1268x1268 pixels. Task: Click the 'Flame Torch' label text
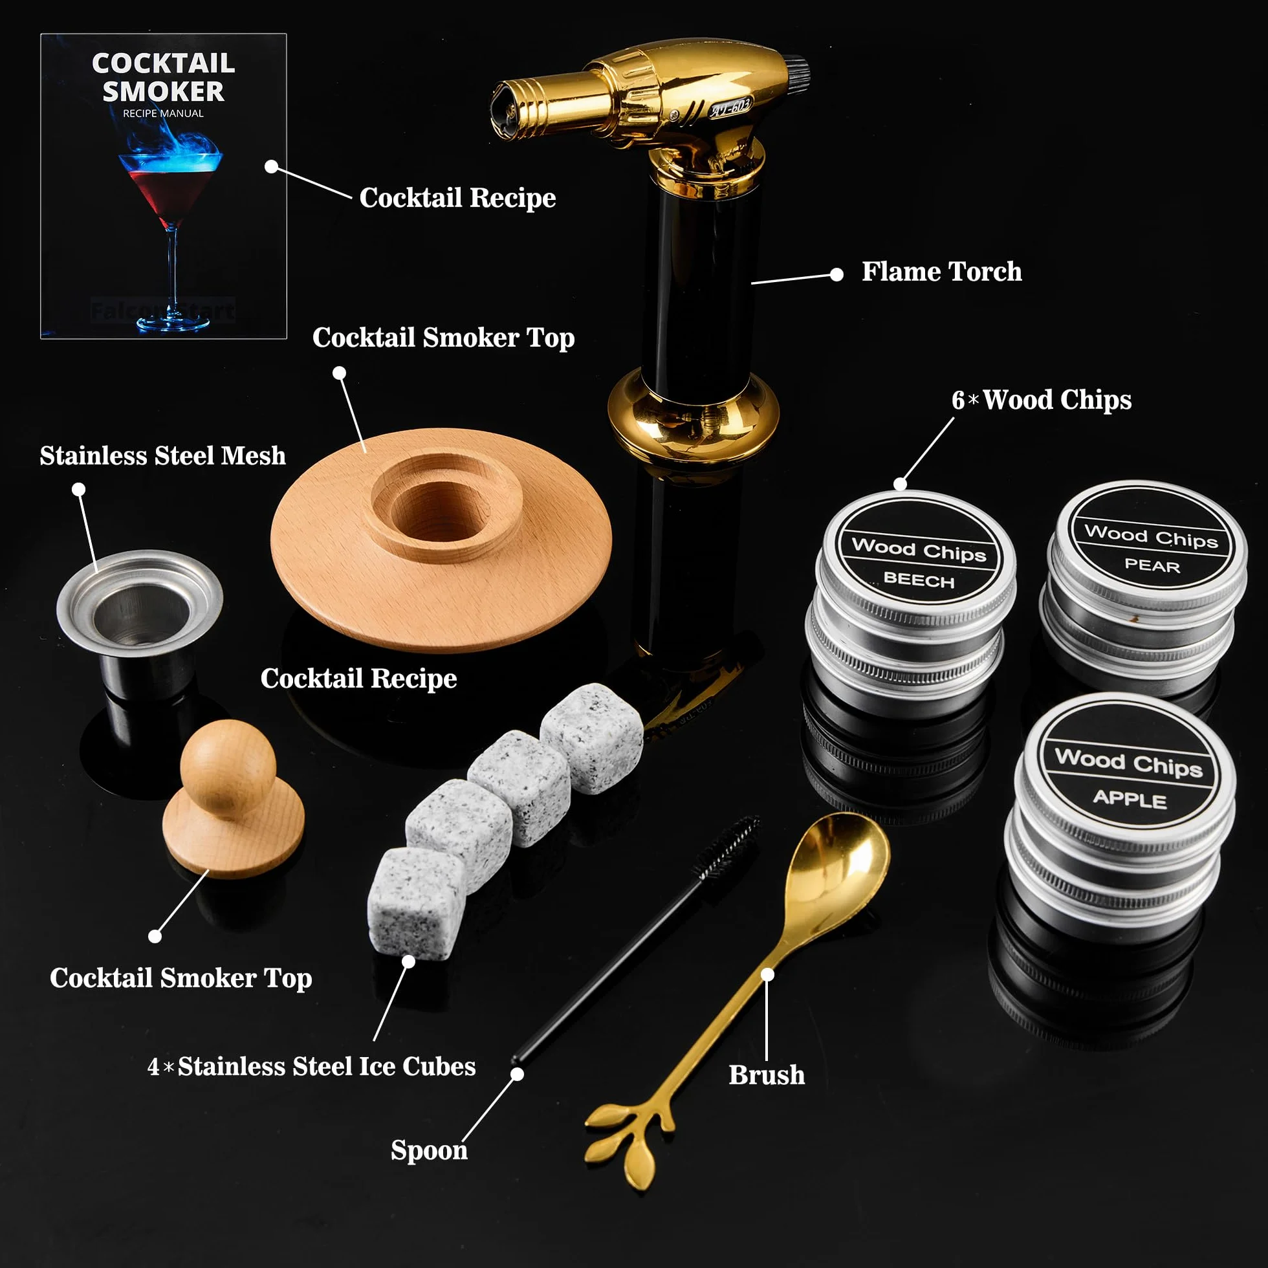coord(941,272)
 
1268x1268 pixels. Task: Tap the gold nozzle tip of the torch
coord(512,109)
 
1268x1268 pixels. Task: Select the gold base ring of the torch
coord(693,413)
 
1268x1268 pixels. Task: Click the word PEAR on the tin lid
coord(1152,565)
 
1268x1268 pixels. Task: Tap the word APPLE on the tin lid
coord(1130,799)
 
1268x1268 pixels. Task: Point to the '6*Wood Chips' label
coord(1042,400)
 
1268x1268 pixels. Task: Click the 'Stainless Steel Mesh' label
coord(163,455)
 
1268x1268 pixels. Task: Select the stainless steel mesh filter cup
coord(139,624)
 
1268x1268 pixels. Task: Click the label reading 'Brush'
coord(767,1075)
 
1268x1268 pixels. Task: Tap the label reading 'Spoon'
coord(429,1150)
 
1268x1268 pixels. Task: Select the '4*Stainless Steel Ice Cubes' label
coord(312,1066)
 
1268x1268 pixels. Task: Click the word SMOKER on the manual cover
coord(164,91)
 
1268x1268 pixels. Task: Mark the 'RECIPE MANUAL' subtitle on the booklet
coord(164,114)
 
